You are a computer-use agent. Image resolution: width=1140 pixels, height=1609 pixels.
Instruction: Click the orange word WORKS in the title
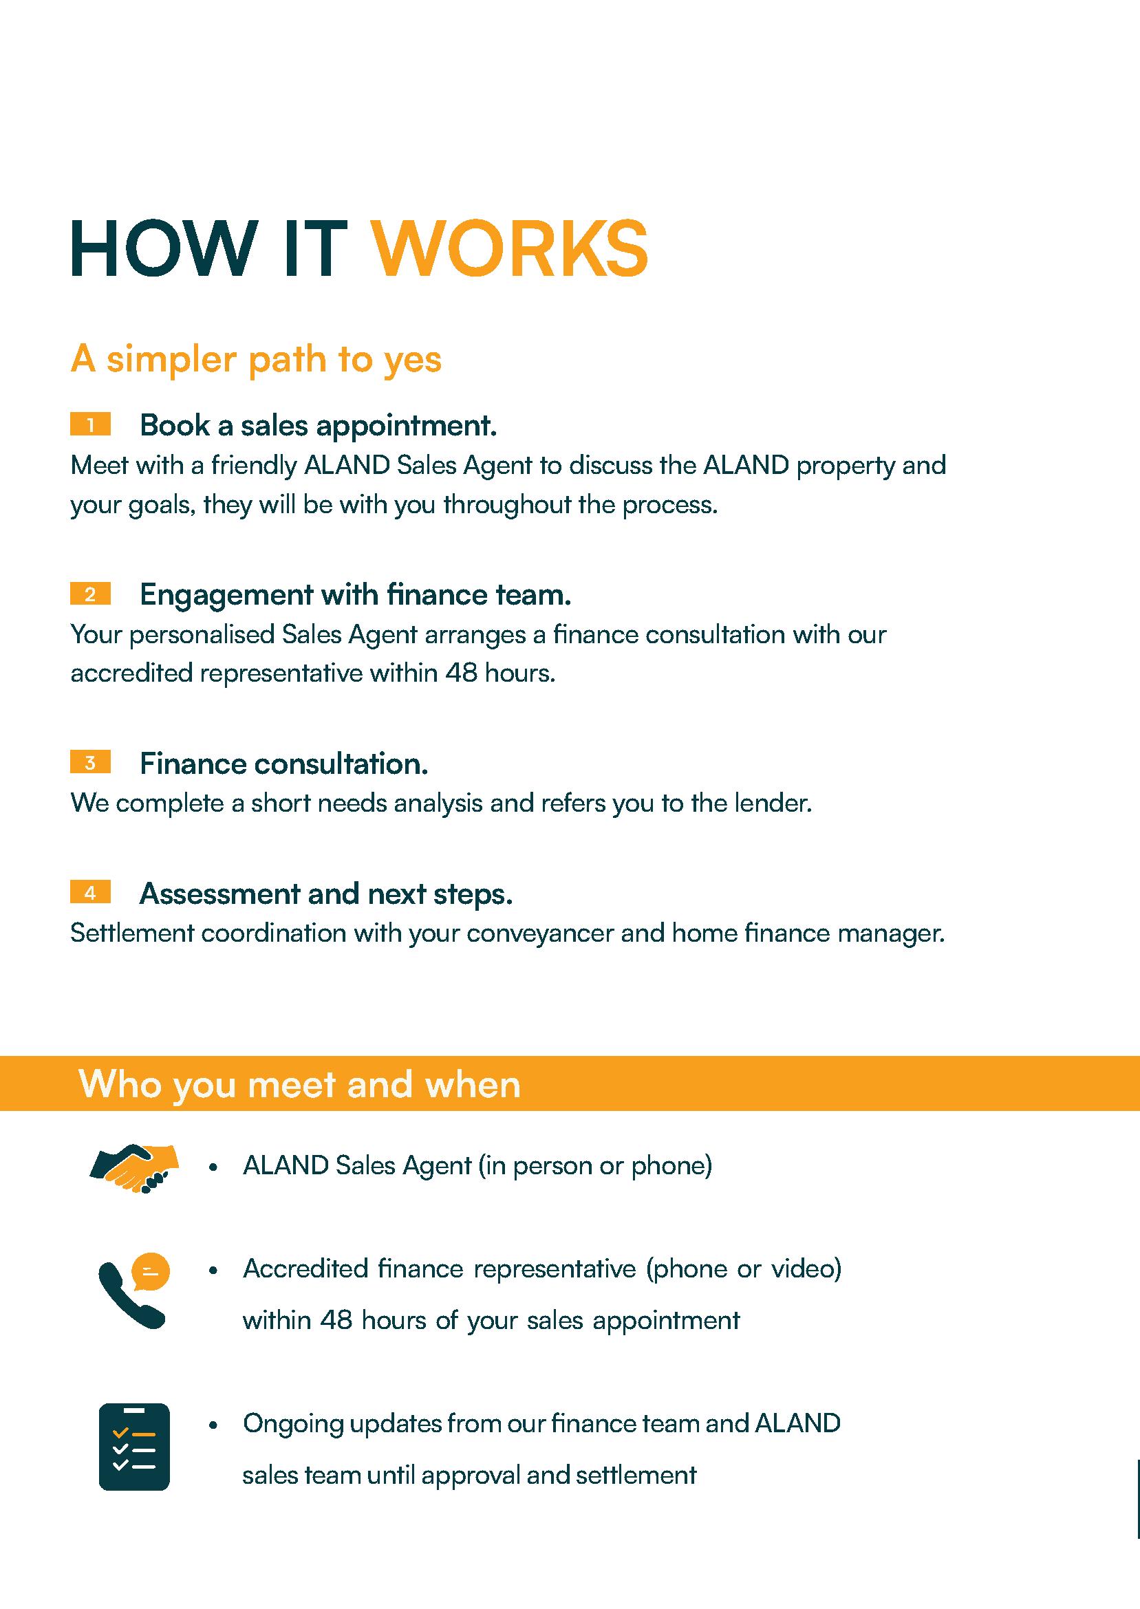[509, 250]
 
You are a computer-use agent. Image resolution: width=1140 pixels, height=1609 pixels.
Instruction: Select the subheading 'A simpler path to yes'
[255, 359]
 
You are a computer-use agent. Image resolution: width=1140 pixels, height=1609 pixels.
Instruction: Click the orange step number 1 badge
[91, 424]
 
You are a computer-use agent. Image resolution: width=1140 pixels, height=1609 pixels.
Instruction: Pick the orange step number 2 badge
[91, 594]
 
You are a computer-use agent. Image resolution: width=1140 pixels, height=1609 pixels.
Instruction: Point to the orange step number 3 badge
[91, 763]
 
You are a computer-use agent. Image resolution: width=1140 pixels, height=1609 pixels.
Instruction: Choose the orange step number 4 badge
[91, 893]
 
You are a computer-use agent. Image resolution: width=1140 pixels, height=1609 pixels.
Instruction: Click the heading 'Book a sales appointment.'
[318, 425]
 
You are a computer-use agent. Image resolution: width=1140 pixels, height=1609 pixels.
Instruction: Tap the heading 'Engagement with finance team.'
[355, 595]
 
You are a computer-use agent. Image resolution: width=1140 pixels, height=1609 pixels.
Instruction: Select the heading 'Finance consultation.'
[283, 764]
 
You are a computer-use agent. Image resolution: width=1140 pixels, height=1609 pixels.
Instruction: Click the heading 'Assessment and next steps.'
[325, 894]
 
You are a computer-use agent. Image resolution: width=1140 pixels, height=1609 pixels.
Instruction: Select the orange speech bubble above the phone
[151, 1271]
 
